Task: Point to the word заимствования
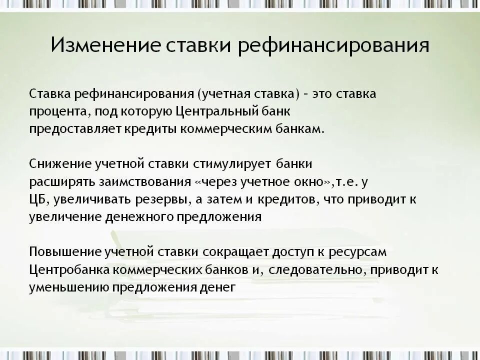[147, 181]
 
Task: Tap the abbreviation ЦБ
[37, 199]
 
